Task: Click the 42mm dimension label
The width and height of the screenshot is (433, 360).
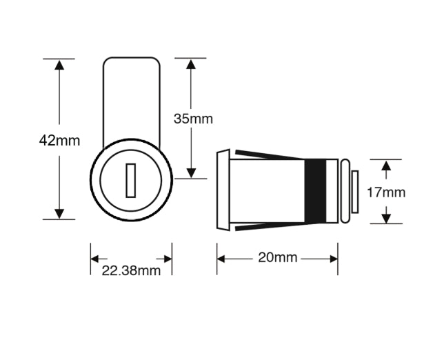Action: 59,141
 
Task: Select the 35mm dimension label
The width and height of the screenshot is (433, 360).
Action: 193,119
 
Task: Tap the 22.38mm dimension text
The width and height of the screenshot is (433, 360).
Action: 131,270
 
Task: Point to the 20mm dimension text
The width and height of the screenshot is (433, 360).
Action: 277,258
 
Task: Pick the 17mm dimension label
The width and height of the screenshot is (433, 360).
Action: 386,192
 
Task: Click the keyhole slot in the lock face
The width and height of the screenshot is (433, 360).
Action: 131,181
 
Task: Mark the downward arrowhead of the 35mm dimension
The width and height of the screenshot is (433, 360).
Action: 191,172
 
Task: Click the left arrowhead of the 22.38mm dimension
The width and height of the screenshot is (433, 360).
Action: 95,259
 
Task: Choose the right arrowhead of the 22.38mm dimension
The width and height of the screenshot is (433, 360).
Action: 167,259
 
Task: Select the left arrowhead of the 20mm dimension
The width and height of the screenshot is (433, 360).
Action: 223,259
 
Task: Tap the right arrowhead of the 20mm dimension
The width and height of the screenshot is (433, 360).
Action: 333,259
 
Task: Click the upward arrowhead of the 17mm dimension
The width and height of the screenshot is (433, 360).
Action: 387,166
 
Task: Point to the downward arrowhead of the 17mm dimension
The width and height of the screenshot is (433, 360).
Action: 387,218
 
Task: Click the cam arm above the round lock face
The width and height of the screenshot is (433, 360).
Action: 132,97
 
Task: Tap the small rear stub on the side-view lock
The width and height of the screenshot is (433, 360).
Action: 354,192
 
